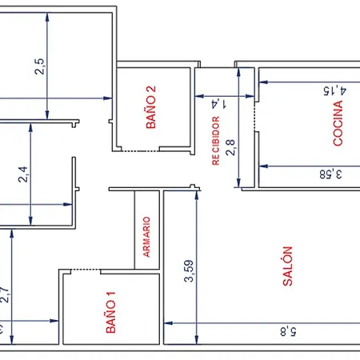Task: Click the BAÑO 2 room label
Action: (x=151, y=107)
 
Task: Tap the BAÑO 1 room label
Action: (x=111, y=312)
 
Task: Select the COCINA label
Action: (x=338, y=123)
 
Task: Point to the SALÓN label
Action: (x=287, y=266)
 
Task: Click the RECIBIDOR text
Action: (x=216, y=141)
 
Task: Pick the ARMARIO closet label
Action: (x=146, y=237)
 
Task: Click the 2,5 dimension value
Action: (x=39, y=66)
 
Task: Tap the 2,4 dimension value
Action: (x=23, y=174)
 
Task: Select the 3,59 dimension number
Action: (x=189, y=271)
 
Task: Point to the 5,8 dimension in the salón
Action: (x=288, y=332)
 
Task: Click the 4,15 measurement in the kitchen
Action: (x=335, y=90)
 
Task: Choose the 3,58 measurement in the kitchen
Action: (x=330, y=174)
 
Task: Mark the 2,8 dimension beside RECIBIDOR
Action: (x=230, y=147)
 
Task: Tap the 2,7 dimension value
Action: (x=6, y=294)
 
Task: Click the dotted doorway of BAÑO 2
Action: (x=141, y=151)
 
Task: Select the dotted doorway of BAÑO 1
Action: (x=86, y=270)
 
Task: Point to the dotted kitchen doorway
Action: (x=254, y=116)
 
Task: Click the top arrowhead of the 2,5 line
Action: (x=47, y=17)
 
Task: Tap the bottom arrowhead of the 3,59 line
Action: (x=197, y=340)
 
